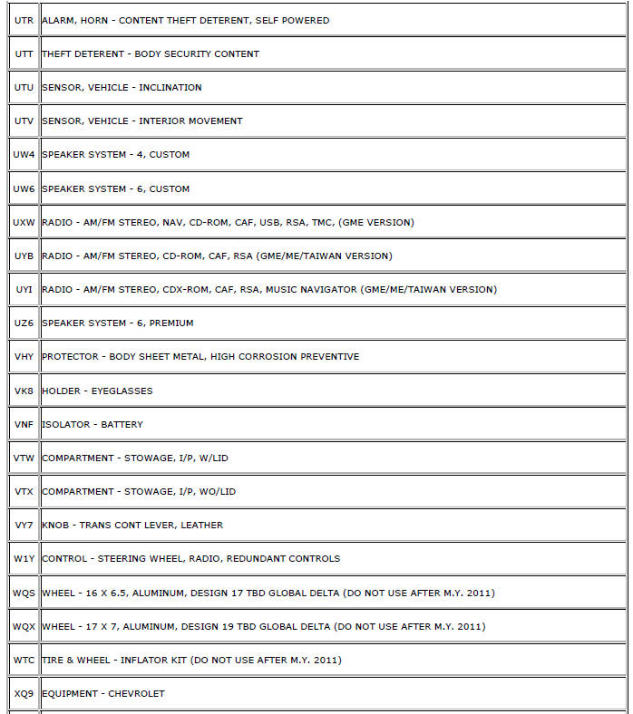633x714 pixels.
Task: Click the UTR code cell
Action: click(x=24, y=20)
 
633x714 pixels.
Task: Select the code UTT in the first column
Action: click(x=24, y=53)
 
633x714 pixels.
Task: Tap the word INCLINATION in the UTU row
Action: click(x=170, y=88)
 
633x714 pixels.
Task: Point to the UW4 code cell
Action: click(x=24, y=155)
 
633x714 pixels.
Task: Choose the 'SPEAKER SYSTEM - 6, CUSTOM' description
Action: click(x=115, y=188)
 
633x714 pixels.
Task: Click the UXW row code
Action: click(x=24, y=222)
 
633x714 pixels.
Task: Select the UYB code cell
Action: click(x=24, y=256)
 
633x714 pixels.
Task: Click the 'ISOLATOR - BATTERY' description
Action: click(x=92, y=424)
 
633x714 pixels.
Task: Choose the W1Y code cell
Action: click(x=24, y=558)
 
